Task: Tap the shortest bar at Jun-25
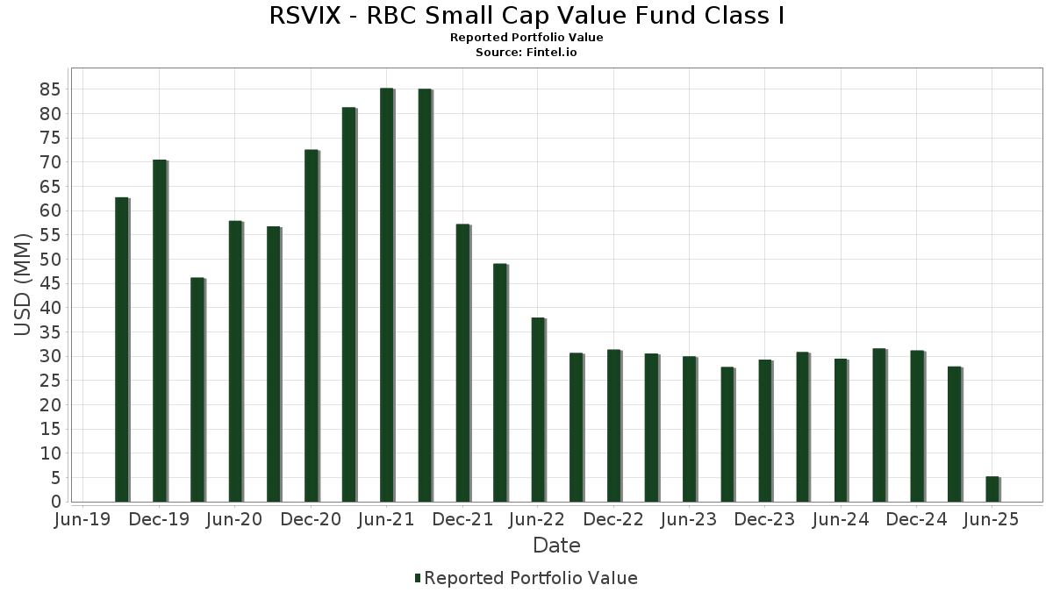992,489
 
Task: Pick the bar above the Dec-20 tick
311,325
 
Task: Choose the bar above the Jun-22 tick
538,410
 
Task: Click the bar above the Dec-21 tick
462,363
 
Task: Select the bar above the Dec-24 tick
916,426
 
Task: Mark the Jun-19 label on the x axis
82,520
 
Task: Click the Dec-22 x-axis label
613,520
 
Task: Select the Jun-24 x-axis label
841,520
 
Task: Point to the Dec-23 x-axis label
765,520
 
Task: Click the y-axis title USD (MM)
23,284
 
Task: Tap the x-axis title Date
556,546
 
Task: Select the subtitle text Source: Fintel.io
526,53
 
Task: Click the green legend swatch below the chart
418,578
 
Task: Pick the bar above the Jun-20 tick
235,361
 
